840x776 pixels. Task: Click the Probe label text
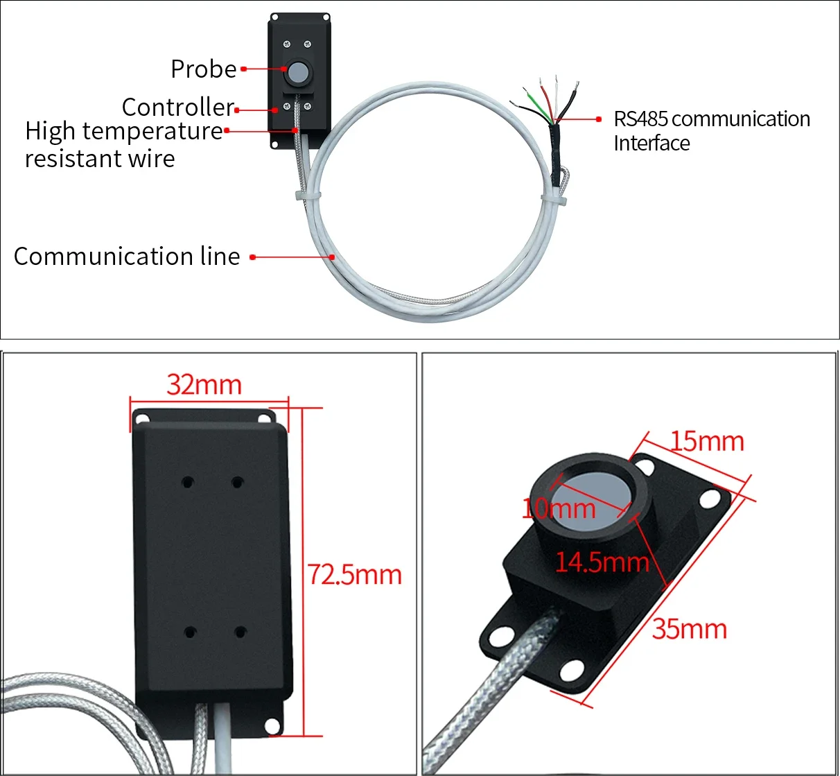[x=203, y=69]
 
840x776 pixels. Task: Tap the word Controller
[x=178, y=107]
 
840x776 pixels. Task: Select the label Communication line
[x=127, y=257]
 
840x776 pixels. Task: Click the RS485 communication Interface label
[x=711, y=131]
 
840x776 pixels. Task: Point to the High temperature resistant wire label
[x=123, y=144]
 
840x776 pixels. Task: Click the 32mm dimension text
[x=204, y=385]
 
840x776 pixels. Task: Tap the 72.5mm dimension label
[x=354, y=575]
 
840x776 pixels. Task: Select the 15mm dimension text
[x=707, y=442]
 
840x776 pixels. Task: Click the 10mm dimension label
[x=559, y=509]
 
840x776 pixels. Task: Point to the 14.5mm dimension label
[x=602, y=562]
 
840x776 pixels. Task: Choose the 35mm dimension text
[x=689, y=629]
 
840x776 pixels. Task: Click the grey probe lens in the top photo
[x=298, y=71]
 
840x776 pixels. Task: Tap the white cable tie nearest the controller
[x=308, y=198]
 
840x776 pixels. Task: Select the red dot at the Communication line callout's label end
[x=253, y=257]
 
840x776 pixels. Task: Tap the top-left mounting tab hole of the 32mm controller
[x=141, y=418]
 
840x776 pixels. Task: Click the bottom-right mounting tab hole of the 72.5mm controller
[x=273, y=726]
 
